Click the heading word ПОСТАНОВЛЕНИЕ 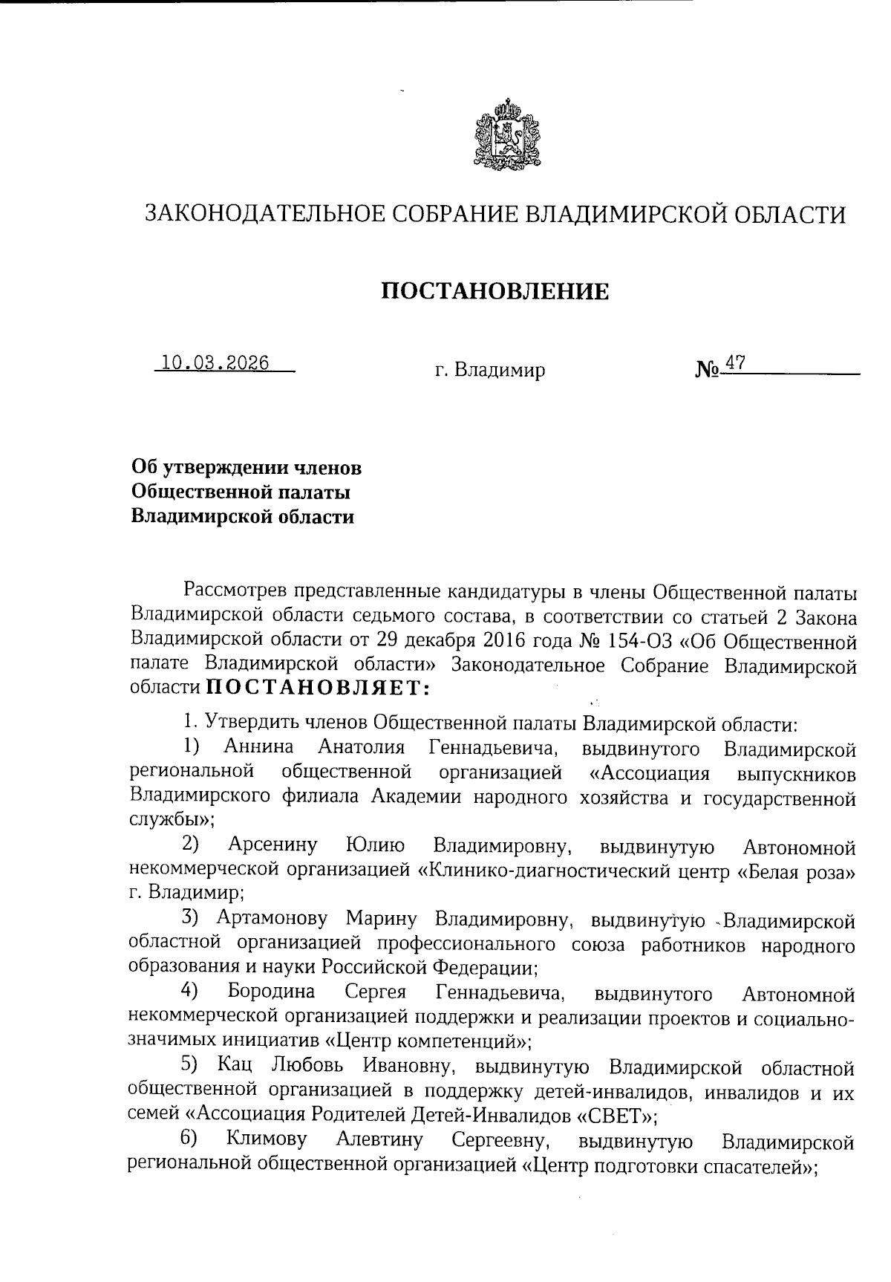click(x=495, y=291)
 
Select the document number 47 click(x=735, y=363)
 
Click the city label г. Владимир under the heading click(x=490, y=369)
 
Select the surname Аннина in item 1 click(x=259, y=746)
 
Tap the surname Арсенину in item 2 click(x=272, y=845)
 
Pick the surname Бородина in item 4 click(x=271, y=992)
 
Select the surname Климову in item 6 click(x=266, y=1139)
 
